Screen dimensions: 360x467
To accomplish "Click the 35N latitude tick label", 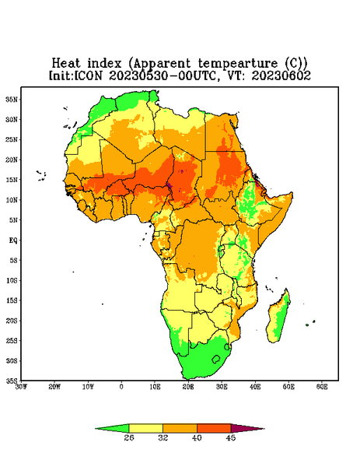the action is pyautogui.click(x=12, y=100).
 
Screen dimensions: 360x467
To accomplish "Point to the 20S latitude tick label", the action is pyautogui.click(x=12, y=321).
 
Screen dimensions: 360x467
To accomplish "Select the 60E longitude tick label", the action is pyautogui.click(x=322, y=387).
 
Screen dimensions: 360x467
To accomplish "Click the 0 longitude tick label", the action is pyautogui.click(x=121, y=387).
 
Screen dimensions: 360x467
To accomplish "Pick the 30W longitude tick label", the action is pyautogui.click(x=21, y=387).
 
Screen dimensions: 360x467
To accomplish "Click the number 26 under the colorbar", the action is pyautogui.click(x=129, y=437).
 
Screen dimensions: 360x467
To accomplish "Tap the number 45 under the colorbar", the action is pyautogui.click(x=231, y=437).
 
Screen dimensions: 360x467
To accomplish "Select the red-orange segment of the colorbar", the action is pyautogui.click(x=214, y=428).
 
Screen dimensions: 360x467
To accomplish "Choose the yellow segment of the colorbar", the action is pyautogui.click(x=145, y=428).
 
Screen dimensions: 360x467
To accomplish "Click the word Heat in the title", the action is pyautogui.click(x=66, y=64).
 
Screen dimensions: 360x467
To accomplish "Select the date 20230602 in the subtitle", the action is pyautogui.click(x=281, y=75).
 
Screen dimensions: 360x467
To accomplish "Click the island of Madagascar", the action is pyautogui.click(x=279, y=318).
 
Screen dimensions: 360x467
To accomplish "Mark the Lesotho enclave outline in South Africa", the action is pyautogui.click(x=216, y=359).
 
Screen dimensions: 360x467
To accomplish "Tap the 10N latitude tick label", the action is pyautogui.click(x=12, y=200).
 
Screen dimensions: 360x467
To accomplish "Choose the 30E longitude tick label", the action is pyautogui.click(x=222, y=387).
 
